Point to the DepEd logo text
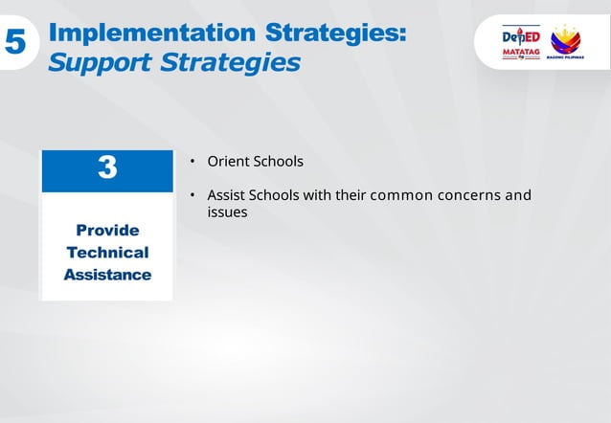pyautogui.click(x=521, y=36)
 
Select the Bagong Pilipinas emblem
pyautogui.click(x=565, y=40)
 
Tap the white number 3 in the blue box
pyautogui.click(x=107, y=168)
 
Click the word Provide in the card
pyautogui.click(x=107, y=231)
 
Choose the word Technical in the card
pyautogui.click(x=107, y=253)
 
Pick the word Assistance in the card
pyautogui.click(x=107, y=275)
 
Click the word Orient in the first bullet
pyautogui.click(x=228, y=161)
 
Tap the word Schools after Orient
pyautogui.click(x=278, y=161)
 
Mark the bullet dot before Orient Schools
pyautogui.click(x=192, y=161)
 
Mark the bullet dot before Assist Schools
pyautogui.click(x=192, y=195)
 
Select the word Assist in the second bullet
pyautogui.click(x=226, y=195)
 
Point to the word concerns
pyautogui.click(x=469, y=195)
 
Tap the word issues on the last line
pyautogui.click(x=227, y=212)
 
